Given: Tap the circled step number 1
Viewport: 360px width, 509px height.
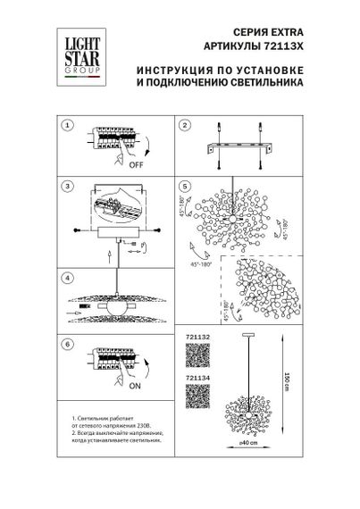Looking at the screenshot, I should click(66, 126).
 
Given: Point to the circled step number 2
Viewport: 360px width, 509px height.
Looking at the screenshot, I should click(185, 126).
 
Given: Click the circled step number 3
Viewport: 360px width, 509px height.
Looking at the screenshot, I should click(66, 188).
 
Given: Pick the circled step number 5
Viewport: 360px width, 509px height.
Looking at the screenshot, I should click(185, 188).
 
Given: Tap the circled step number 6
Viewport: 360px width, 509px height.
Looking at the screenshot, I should click(66, 343).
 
